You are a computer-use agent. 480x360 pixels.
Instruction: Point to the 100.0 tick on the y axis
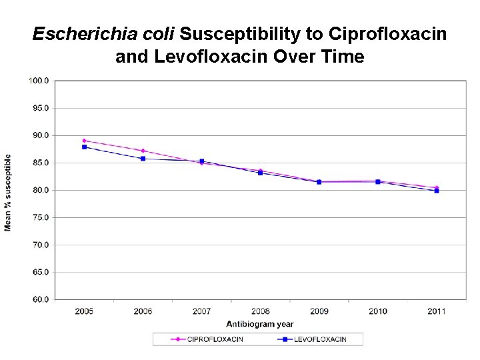(x=39, y=81)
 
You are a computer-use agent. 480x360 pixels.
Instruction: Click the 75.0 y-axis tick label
(x=39, y=217)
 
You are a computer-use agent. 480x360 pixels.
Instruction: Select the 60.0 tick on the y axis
(x=39, y=299)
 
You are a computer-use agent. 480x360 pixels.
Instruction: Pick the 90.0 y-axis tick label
(x=39, y=135)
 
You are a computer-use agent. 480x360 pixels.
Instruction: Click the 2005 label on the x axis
(x=84, y=311)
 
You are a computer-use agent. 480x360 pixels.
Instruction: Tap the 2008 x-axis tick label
(x=260, y=311)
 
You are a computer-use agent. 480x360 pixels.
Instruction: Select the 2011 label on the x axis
(x=437, y=311)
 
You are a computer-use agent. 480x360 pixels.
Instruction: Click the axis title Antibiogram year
(x=259, y=325)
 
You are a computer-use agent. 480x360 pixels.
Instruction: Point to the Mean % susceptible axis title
(x=8, y=193)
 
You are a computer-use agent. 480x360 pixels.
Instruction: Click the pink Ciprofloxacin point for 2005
(x=84, y=141)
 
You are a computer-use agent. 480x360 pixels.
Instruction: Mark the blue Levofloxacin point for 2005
(x=84, y=147)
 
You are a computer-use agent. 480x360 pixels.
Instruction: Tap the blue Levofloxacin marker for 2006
(x=143, y=159)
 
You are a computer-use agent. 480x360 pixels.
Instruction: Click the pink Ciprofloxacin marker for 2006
(x=143, y=151)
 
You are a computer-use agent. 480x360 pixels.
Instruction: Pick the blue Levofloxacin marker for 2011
(x=437, y=191)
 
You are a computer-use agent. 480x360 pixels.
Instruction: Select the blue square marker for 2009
(x=319, y=182)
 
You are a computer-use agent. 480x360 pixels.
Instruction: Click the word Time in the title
(x=344, y=57)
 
